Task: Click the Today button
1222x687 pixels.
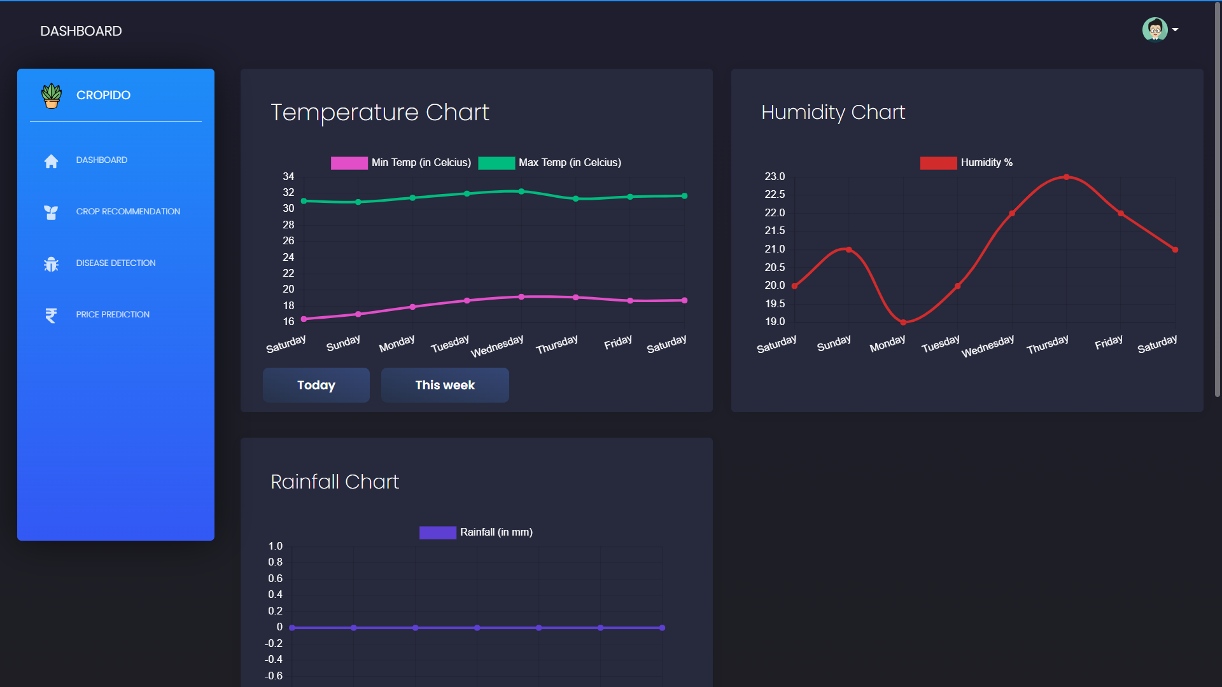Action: point(316,385)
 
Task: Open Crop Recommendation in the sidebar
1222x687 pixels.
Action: point(128,211)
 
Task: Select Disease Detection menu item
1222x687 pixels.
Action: point(116,263)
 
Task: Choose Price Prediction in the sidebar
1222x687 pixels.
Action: point(113,314)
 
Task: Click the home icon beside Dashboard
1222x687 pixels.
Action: point(51,161)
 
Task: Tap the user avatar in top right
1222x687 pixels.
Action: point(1154,29)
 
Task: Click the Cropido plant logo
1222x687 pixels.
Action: point(52,95)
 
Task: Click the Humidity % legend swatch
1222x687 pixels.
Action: point(938,163)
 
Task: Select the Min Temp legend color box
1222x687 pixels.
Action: point(349,163)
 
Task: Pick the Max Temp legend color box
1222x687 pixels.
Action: point(496,163)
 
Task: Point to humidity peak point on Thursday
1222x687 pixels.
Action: point(1066,177)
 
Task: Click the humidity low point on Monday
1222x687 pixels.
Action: point(903,322)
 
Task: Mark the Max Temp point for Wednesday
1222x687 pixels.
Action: point(521,191)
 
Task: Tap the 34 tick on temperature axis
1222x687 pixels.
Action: point(288,176)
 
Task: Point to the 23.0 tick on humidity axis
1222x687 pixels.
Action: point(775,176)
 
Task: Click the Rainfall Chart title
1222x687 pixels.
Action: point(335,482)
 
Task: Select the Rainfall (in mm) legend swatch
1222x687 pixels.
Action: point(437,532)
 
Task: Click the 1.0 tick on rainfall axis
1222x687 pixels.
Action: point(275,546)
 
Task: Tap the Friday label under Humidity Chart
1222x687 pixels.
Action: point(1108,342)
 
